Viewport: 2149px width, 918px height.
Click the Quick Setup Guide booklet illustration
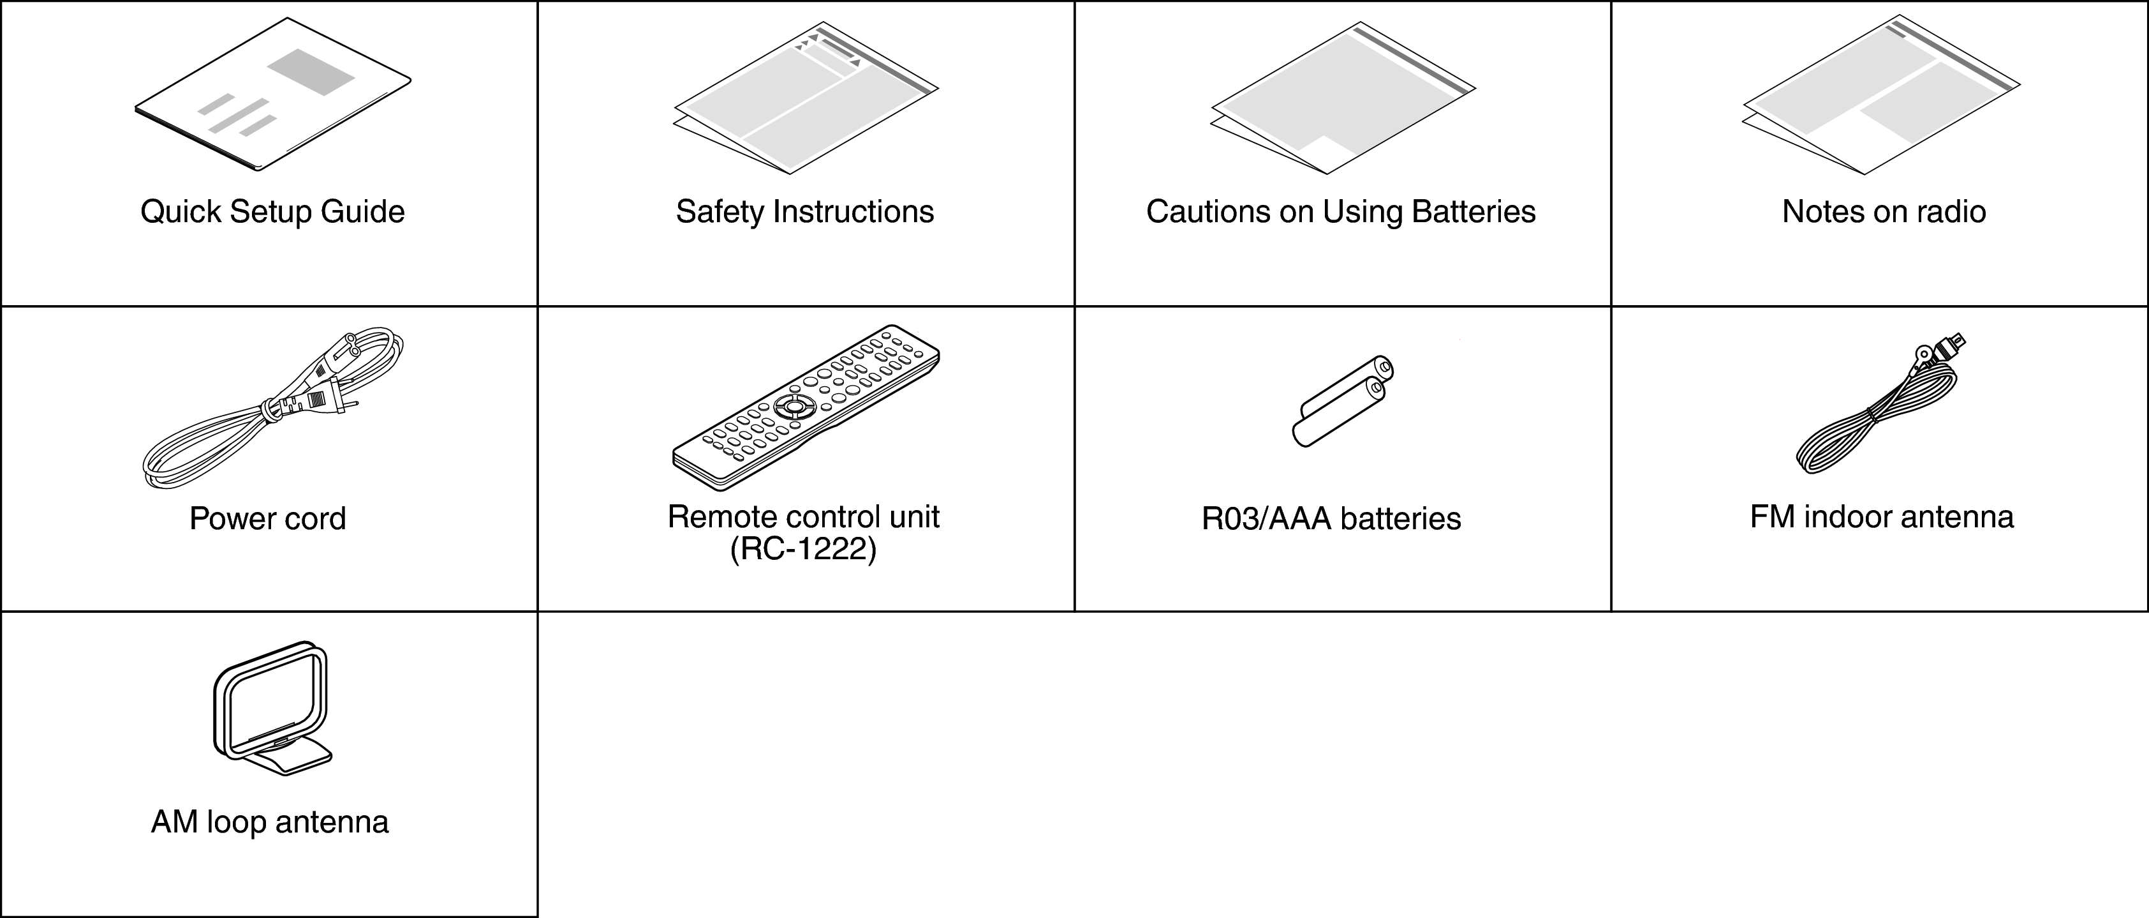coord(273,94)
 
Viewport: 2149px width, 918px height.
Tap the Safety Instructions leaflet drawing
coord(806,98)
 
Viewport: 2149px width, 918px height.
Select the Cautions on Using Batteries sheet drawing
coord(1343,98)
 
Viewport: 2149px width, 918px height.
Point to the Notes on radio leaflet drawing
coord(1880,94)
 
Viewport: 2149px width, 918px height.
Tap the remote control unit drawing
coord(806,407)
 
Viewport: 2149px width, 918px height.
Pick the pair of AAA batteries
coord(1343,402)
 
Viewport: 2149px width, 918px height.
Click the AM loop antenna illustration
coord(272,709)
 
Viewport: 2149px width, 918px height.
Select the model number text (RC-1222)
coord(803,550)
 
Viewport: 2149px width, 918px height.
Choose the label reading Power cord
coord(268,519)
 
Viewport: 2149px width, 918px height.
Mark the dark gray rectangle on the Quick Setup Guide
coord(311,71)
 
